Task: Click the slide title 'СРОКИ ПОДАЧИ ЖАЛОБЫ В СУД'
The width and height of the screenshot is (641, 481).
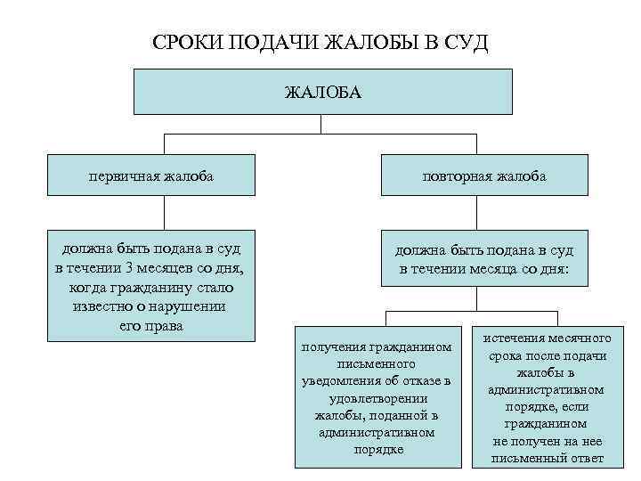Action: click(320, 44)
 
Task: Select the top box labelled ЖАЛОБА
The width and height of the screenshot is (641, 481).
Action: click(322, 92)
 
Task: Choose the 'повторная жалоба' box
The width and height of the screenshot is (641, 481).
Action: click(484, 175)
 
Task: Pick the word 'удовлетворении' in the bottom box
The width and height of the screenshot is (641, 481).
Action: click(377, 398)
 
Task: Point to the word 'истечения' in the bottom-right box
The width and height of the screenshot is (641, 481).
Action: click(516, 339)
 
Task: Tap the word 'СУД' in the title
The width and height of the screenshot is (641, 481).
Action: click(468, 44)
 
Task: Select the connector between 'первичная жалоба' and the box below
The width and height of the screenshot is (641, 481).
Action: click(164, 211)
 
